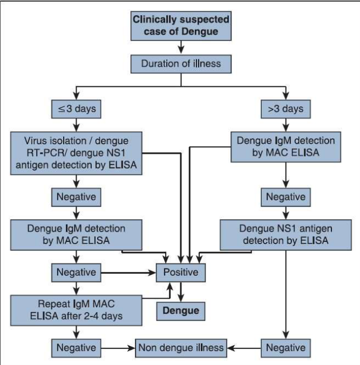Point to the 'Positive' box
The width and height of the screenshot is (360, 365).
pyautogui.click(x=181, y=272)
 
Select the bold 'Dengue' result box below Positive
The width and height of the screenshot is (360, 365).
pyautogui.click(x=181, y=310)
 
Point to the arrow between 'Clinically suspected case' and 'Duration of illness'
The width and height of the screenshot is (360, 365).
pyautogui.click(x=181, y=49)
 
